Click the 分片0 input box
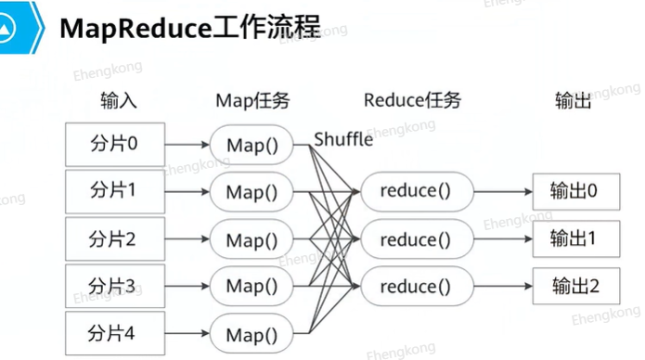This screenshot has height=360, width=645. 115,145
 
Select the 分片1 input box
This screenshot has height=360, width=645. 115,192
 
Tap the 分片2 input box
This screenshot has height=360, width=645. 115,239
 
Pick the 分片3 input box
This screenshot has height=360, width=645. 115,286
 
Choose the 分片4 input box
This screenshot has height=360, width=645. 115,333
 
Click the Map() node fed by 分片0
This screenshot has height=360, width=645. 252,145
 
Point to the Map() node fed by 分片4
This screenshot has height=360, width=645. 252,334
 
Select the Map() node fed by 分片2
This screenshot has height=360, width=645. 252,239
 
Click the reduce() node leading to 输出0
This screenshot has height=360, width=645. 417,192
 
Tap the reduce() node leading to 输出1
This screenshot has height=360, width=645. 417,239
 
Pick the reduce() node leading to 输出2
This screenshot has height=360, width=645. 417,286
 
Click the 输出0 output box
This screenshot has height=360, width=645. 576,192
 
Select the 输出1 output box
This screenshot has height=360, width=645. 576,239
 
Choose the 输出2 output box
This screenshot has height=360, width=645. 576,286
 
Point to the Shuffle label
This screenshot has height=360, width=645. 343,139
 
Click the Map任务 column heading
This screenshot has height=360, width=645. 252,101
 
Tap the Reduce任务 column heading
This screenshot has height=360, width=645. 412,100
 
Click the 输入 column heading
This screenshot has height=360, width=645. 119,101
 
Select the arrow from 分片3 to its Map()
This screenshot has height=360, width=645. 187,286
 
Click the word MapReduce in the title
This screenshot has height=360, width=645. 135,29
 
